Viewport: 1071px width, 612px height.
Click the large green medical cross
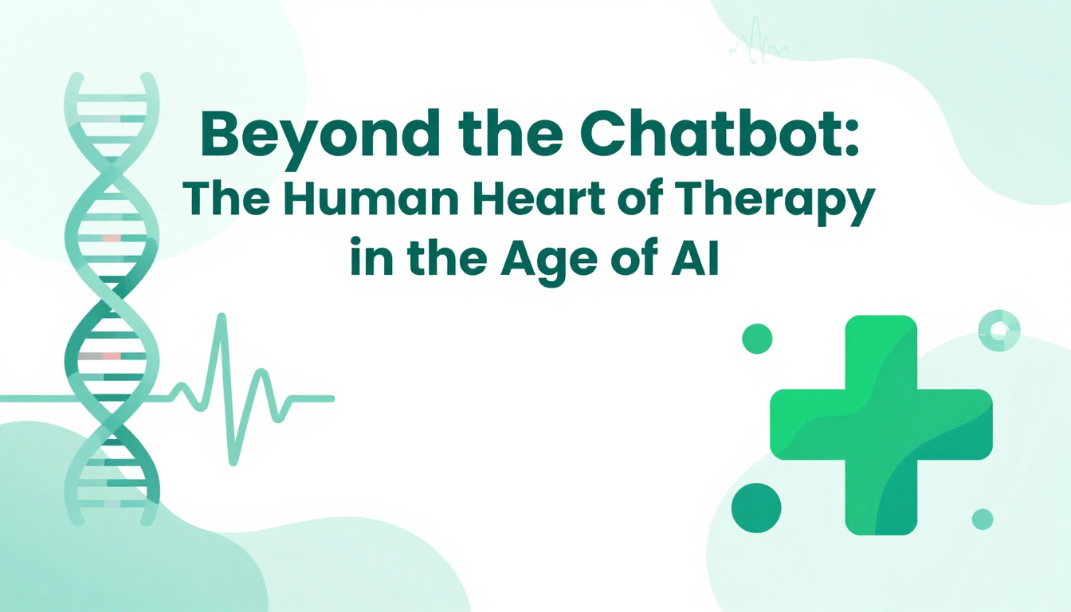(881, 425)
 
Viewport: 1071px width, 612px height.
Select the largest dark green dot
(756, 508)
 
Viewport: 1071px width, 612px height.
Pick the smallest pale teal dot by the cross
(983, 520)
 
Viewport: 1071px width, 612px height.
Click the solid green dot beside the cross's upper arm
(757, 339)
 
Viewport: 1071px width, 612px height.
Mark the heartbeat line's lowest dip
(233, 463)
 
